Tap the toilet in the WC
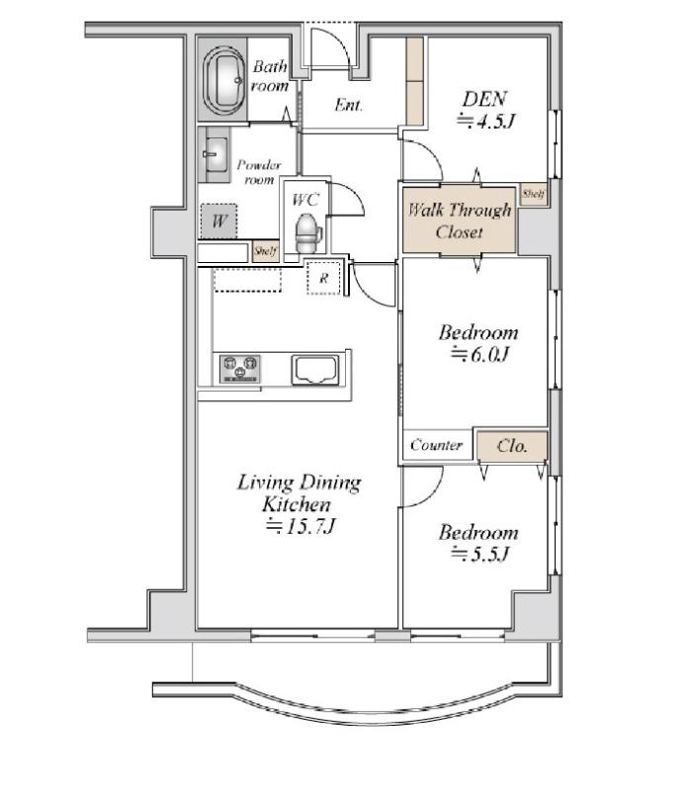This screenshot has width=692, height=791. pos(308,232)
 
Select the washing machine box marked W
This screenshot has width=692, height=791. pos(218,220)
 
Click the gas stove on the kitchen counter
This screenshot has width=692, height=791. pos(240,369)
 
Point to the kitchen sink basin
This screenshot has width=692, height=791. pos(314,370)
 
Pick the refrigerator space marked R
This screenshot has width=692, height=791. pos(324,278)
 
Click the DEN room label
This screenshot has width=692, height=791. pos(484,99)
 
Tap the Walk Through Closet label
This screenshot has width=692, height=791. pos(459,220)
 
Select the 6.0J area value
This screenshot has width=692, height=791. pos(480,355)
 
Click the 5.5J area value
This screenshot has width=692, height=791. pos(480,555)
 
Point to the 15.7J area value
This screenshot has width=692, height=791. pos(302,526)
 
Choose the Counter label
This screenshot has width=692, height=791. pos(436,445)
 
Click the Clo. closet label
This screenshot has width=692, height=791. pos(512,446)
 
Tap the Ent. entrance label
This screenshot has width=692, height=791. pos(349,105)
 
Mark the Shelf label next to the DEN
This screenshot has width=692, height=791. pos(533,194)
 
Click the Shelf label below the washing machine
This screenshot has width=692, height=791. pos(265,251)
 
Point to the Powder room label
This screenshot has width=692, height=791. pos(259,172)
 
